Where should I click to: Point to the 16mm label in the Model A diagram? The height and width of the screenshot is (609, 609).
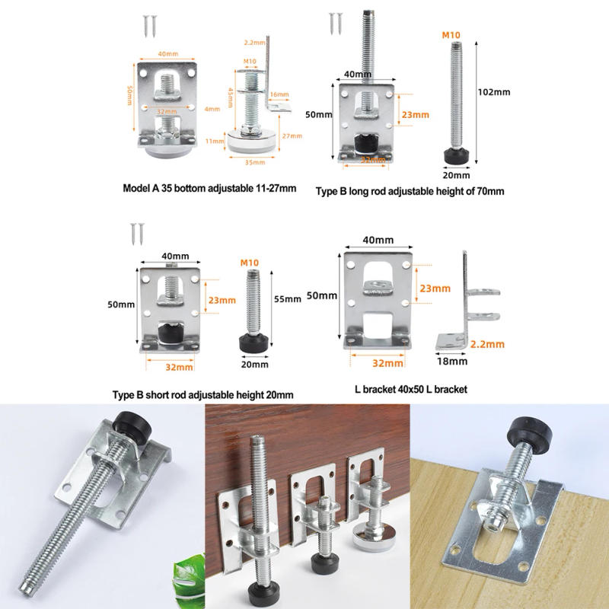click(279, 95)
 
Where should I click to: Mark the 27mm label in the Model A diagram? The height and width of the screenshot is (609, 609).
click(292, 136)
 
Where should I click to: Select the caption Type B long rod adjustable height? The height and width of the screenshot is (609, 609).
click(410, 192)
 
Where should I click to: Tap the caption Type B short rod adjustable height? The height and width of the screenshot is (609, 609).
click(202, 394)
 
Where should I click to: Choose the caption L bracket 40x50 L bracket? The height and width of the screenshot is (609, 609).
click(410, 389)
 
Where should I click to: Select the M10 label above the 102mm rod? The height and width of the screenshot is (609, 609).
click(453, 35)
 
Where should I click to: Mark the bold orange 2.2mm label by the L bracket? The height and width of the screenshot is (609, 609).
click(488, 344)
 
